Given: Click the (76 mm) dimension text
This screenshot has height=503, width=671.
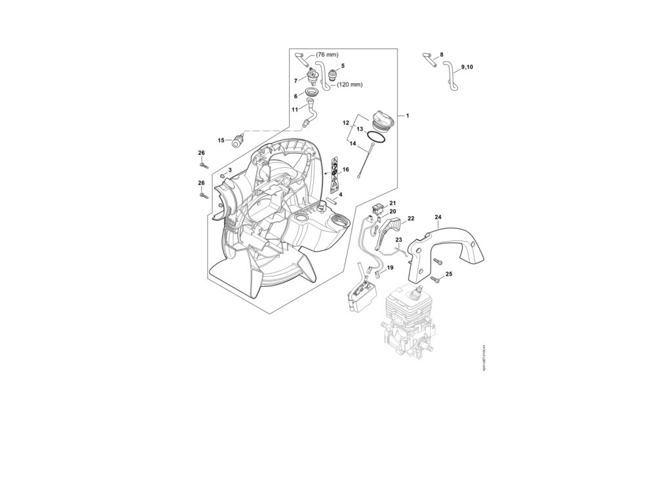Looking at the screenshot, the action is coord(328,54).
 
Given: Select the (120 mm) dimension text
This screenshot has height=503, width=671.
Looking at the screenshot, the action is coord(349,84).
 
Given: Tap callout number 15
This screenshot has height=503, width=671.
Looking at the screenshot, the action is coord(221,140).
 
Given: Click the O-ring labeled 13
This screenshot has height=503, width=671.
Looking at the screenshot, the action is coord(376,138).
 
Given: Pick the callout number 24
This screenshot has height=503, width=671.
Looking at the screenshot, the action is coord(438,217).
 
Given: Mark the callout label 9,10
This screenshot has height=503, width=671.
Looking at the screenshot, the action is coord(470,67).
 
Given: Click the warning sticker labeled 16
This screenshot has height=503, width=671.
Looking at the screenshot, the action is coord(334,173).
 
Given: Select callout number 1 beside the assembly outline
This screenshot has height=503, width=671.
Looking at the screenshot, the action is coord(407,116).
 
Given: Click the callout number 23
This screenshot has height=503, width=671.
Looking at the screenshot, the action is coord(398,240).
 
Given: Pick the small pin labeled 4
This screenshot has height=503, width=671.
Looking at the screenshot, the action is coord(331,200).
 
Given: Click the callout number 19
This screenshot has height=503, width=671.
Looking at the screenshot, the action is coord(390,268).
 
